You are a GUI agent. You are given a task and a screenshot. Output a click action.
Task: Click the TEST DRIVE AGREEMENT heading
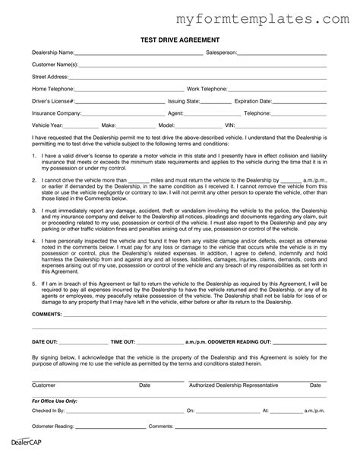(179, 39)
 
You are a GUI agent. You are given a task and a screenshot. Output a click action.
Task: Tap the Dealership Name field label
(52, 53)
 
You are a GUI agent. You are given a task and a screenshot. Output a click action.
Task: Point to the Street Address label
(49, 77)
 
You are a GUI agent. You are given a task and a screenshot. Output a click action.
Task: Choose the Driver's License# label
(52, 100)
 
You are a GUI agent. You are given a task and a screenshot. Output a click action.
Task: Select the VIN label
(230, 124)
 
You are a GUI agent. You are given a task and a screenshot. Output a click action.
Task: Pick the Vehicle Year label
(47, 124)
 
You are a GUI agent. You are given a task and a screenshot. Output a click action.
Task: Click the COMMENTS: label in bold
(47, 312)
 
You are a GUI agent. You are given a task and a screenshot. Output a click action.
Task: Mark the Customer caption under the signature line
(43, 385)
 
